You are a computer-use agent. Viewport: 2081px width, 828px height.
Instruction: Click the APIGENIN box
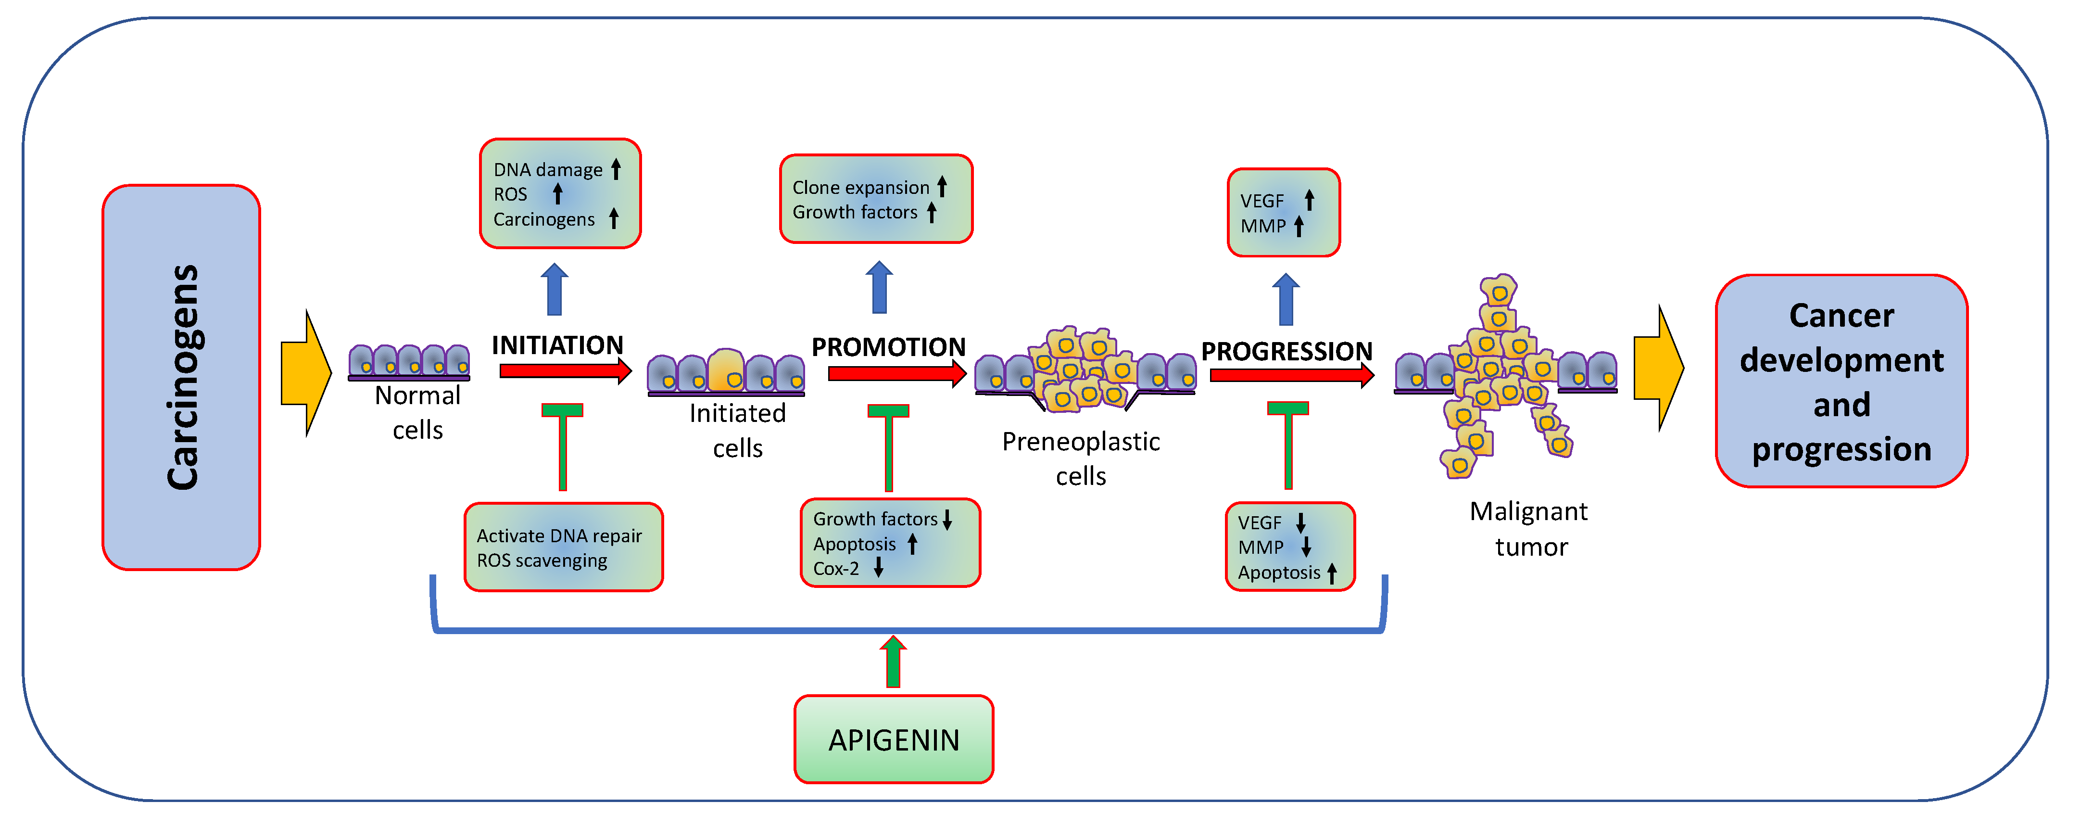click(894, 739)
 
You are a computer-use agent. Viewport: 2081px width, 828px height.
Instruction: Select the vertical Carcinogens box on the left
click(181, 377)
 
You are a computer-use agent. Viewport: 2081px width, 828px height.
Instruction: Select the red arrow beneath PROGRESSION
click(1291, 375)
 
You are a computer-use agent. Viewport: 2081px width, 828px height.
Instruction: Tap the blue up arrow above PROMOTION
click(879, 288)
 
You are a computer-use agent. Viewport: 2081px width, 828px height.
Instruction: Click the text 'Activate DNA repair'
click(559, 535)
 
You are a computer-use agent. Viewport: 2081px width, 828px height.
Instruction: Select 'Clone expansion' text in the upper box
click(860, 188)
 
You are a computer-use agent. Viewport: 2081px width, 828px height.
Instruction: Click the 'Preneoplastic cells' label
click(1080, 458)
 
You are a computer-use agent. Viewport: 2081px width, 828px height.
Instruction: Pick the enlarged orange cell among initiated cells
click(726, 371)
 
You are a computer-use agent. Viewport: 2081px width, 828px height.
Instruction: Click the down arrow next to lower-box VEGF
click(1300, 522)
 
